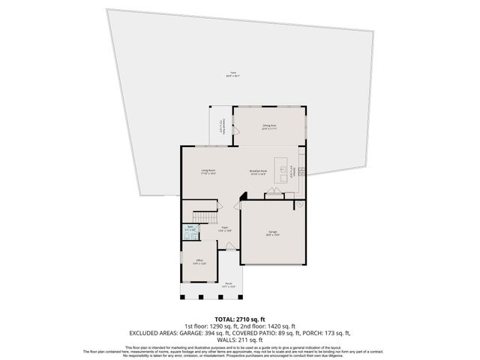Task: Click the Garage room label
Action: (x=272, y=233)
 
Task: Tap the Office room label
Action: (x=199, y=262)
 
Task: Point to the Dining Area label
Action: (x=269, y=127)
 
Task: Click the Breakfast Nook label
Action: (x=259, y=172)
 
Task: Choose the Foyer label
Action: (x=223, y=229)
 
